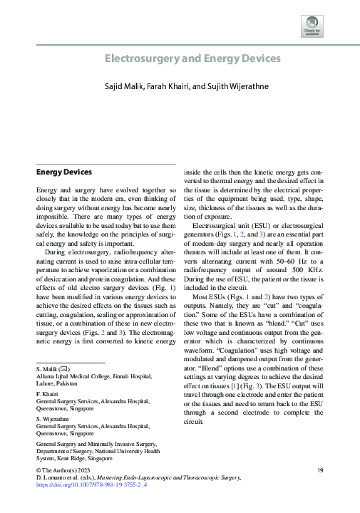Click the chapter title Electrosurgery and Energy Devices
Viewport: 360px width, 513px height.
tap(192, 58)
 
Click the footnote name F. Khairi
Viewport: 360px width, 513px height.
tap(47, 393)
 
